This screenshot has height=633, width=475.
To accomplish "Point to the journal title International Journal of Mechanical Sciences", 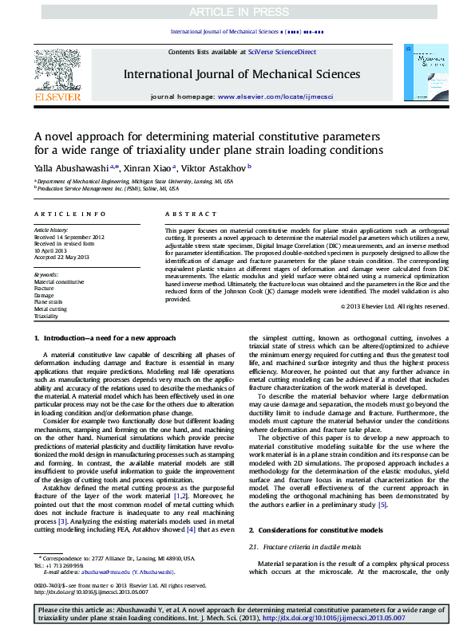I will tap(237, 74).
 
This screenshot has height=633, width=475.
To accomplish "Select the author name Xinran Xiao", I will tap(150, 167).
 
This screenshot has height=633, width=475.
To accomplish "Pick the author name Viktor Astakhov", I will tap(217, 167).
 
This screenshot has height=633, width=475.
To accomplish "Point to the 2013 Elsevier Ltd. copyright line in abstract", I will tap(394, 306).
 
